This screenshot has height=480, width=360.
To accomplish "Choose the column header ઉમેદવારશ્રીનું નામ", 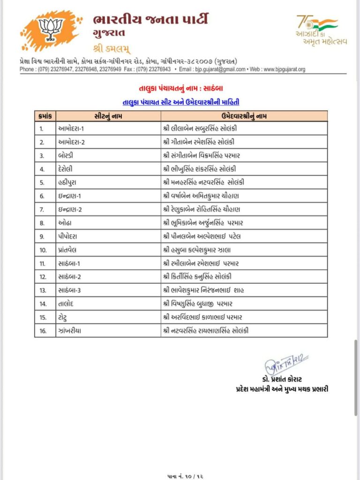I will click(x=243, y=116).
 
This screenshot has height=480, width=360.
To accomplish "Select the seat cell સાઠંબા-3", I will click(x=70, y=290).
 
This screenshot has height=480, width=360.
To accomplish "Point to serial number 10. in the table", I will click(x=43, y=249).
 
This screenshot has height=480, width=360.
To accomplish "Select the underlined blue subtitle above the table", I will click(x=180, y=102).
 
